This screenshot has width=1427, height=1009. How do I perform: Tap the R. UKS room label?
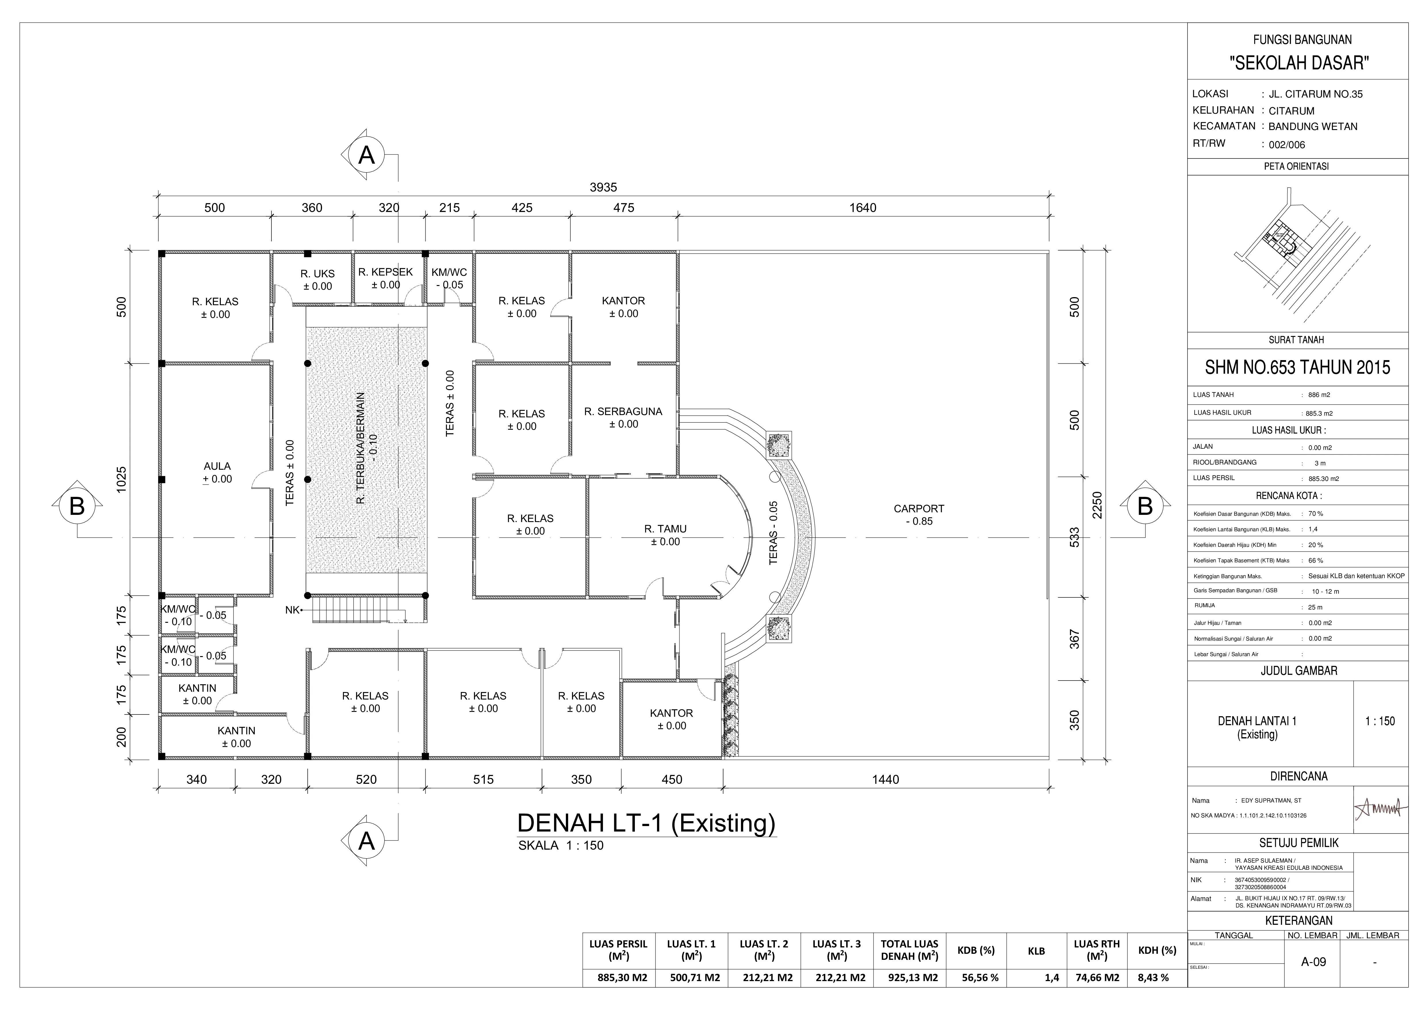click(x=318, y=274)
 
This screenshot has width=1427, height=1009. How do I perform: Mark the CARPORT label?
click(x=919, y=509)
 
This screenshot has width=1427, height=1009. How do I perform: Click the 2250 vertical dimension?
click(x=1097, y=505)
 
